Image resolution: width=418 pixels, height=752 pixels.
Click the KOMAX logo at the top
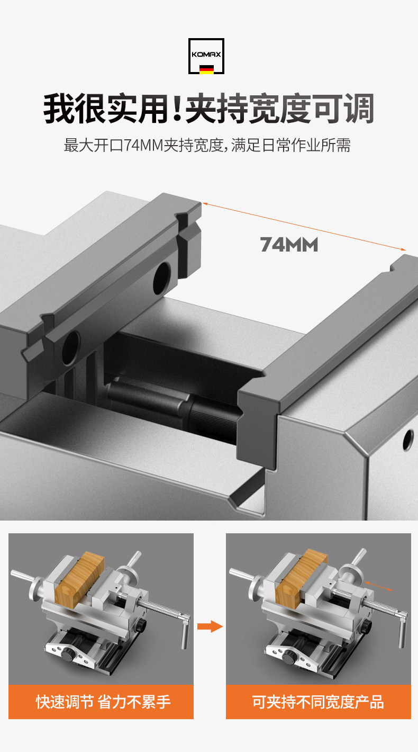pyautogui.click(x=206, y=56)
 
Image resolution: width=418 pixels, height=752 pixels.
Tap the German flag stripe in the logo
pyautogui.click(x=206, y=69)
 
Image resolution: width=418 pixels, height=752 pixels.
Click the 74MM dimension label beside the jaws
pyautogui.click(x=289, y=245)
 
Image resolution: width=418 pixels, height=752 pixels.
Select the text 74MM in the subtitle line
pyautogui.click(x=143, y=145)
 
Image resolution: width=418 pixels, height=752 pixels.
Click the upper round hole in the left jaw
pyautogui.click(x=162, y=279)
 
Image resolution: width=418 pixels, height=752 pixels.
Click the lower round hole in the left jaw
pyautogui.click(x=71, y=348)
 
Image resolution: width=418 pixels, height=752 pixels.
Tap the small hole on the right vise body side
pyautogui.click(x=408, y=440)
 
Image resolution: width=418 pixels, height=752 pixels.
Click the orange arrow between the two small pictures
pyautogui.click(x=210, y=626)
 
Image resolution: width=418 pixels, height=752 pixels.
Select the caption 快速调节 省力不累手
pyautogui.click(x=103, y=702)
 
